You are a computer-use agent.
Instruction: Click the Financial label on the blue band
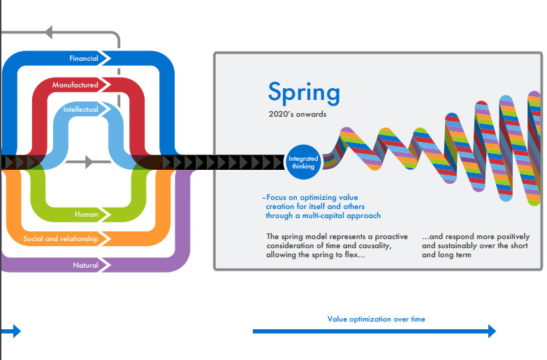pos(84,58)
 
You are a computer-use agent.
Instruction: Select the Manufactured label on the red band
pos(75,85)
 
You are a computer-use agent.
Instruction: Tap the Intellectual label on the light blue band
pos(80,109)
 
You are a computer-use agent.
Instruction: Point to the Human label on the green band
pos(86,214)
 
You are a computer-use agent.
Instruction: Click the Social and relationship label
pos(61,239)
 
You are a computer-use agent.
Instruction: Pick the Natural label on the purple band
pos(85,265)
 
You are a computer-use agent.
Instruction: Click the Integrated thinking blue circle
pos(303,162)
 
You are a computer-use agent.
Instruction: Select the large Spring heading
pos(304,92)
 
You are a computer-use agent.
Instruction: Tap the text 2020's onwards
pos(298,114)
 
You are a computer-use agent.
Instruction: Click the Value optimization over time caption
pos(376,319)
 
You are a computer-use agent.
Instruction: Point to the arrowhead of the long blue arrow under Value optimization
pos(492,331)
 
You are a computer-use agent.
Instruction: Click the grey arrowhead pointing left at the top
pos(48,32)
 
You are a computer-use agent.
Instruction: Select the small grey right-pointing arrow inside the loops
pos(88,162)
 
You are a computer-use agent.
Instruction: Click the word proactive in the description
pos(391,236)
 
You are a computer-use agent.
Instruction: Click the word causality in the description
pos(375,245)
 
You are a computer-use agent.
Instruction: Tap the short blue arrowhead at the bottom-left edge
pos(17,331)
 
